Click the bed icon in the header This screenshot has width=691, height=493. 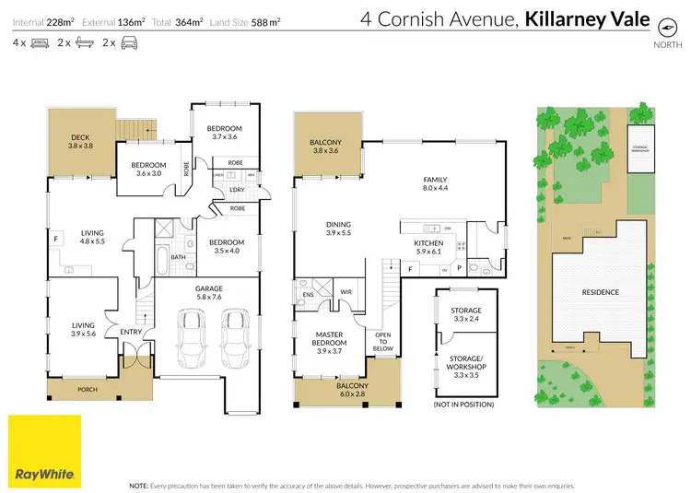point(40,43)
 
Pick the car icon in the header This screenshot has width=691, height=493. point(129,43)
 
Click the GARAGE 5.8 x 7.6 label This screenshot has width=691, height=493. point(208,293)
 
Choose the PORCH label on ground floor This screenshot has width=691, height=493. point(88,389)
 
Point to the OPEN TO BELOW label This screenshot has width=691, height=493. point(381,341)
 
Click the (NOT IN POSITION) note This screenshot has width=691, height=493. point(463,405)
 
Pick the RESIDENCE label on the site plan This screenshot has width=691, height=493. point(600,292)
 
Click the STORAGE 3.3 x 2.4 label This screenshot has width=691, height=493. point(465,315)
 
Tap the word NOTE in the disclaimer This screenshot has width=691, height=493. point(139,484)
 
